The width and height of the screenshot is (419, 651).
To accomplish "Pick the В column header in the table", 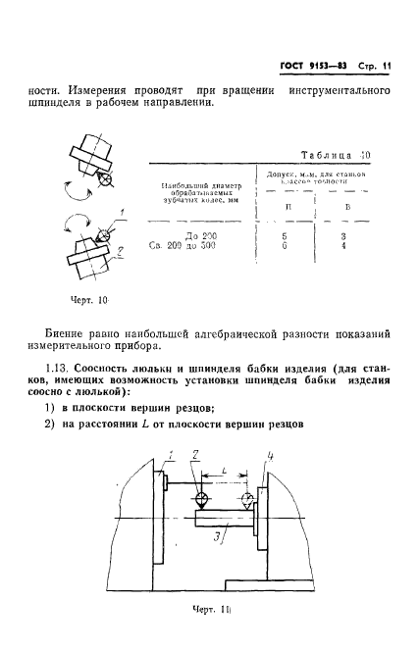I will tap(345, 207).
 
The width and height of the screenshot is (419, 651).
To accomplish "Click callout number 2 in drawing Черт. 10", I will tap(120, 252).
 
